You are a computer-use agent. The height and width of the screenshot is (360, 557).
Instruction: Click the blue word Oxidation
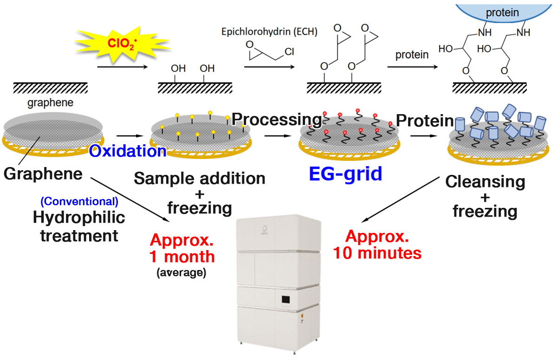point(128,151)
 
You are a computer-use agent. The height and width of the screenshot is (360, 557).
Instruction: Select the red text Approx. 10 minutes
point(377,245)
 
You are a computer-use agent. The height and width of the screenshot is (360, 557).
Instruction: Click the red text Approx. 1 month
point(182,248)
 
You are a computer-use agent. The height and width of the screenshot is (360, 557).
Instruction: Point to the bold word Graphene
point(43,174)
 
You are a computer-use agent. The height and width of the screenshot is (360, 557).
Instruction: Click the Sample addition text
point(200,178)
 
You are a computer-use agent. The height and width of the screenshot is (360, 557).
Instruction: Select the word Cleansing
point(485,181)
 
